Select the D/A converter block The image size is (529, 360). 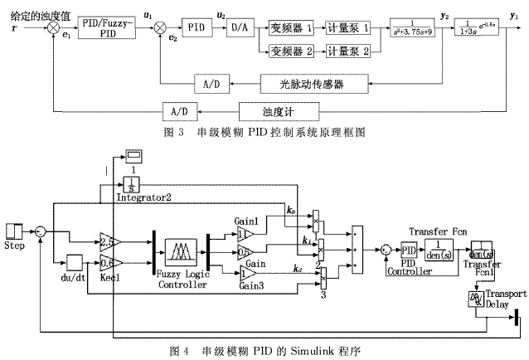[x=240, y=27]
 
